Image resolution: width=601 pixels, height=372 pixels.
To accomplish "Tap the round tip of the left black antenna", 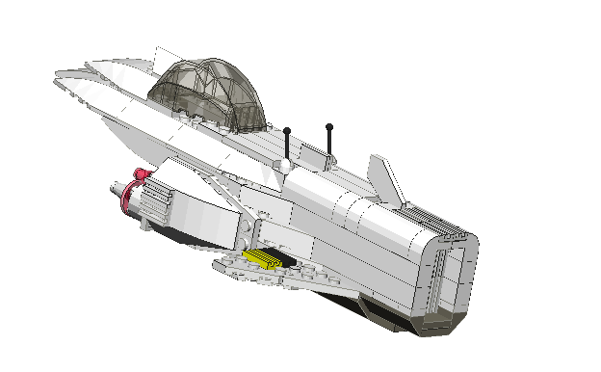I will point(287,130).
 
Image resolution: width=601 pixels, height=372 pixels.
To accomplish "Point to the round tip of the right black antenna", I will point(329,126).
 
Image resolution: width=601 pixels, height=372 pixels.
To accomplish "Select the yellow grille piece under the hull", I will point(263,257).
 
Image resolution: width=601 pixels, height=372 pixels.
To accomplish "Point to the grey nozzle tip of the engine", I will point(122,192).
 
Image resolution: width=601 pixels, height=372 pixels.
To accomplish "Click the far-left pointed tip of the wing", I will point(58,72).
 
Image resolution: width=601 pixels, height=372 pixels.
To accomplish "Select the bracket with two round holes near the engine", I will point(248,231).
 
